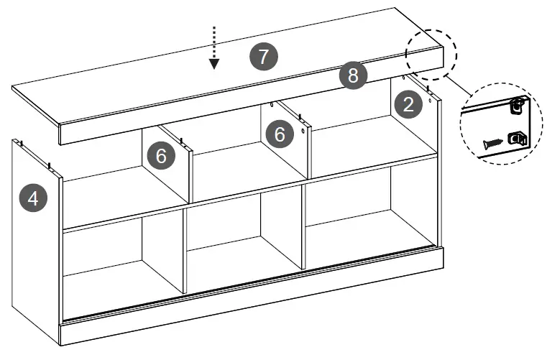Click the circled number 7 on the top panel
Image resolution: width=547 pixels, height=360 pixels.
click(264, 56)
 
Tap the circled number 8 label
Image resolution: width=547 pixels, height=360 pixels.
click(353, 75)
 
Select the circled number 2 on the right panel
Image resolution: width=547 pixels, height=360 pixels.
click(409, 105)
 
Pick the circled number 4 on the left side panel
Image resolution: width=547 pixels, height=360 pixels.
click(34, 198)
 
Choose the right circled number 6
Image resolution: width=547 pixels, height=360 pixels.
click(280, 133)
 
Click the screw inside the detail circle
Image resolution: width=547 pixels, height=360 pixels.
click(492, 143)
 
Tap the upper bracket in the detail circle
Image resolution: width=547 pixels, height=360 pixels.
click(515, 106)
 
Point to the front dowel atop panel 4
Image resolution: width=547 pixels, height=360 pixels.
click(50, 167)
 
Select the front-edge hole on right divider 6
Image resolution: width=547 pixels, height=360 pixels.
click(304, 131)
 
